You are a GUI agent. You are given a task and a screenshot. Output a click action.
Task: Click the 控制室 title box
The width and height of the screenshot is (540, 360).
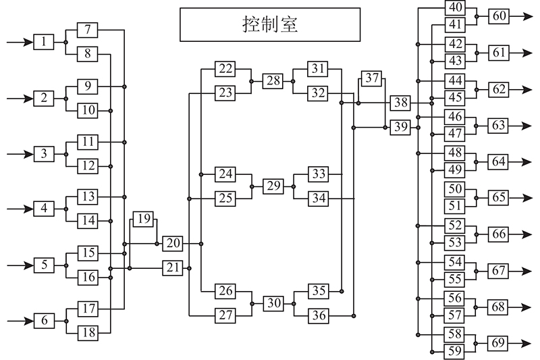pos(270,25)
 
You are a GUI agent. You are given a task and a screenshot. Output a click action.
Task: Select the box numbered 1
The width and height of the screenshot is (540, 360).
pos(44,42)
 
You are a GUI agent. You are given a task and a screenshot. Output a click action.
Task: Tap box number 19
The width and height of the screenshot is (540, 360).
pos(143,219)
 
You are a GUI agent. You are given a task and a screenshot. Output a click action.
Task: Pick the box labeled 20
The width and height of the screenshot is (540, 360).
pos(173,244)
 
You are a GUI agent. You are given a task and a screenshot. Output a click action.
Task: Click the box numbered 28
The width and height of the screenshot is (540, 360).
pos(273,81)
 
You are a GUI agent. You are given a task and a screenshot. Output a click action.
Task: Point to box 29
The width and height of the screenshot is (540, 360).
pos(273,186)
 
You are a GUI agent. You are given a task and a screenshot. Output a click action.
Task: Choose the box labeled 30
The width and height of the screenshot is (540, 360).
pos(273,303)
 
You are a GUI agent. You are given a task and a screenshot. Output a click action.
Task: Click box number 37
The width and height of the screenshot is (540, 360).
pos(372,78)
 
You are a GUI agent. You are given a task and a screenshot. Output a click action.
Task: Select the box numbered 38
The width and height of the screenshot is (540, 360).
pos(400,103)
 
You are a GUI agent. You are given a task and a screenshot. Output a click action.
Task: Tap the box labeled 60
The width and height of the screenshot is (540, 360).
pos(499,16)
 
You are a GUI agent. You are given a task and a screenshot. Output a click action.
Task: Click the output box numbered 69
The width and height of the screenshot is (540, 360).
pos(497,344)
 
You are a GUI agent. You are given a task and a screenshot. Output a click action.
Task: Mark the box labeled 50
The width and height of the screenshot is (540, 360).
pos(454,189)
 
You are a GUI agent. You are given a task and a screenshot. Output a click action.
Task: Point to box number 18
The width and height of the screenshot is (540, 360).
pos(88,333)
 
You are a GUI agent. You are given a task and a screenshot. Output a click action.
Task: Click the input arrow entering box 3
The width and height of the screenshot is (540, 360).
pos(20,154)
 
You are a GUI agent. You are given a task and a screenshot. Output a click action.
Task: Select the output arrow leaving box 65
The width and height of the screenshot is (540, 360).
pos(520,198)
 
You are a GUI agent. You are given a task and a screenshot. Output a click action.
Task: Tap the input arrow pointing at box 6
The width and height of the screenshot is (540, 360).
pos(20,321)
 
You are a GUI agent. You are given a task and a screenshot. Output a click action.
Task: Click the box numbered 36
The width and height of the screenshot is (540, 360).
pos(318,315)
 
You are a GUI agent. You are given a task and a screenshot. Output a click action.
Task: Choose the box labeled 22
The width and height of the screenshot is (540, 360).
pos(225,69)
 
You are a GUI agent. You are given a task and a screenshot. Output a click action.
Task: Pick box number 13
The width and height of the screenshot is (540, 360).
pos(88,197)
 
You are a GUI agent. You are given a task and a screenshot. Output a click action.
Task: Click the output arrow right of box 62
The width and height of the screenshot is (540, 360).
pos(520,90)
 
